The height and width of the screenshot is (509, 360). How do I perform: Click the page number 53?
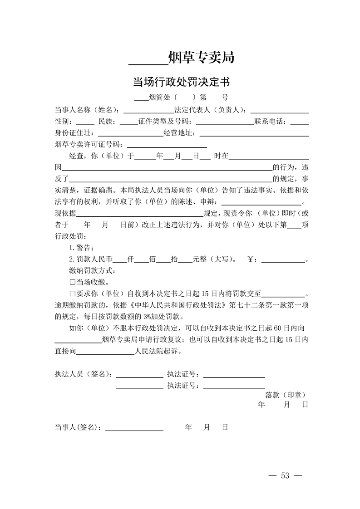point(286,475)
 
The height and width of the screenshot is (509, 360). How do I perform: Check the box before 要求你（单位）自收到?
point(72,294)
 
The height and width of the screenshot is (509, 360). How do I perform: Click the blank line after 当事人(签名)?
point(134,427)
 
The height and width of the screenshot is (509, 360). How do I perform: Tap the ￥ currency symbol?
point(252,259)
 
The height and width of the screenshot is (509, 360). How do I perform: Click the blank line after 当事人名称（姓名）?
point(149,110)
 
